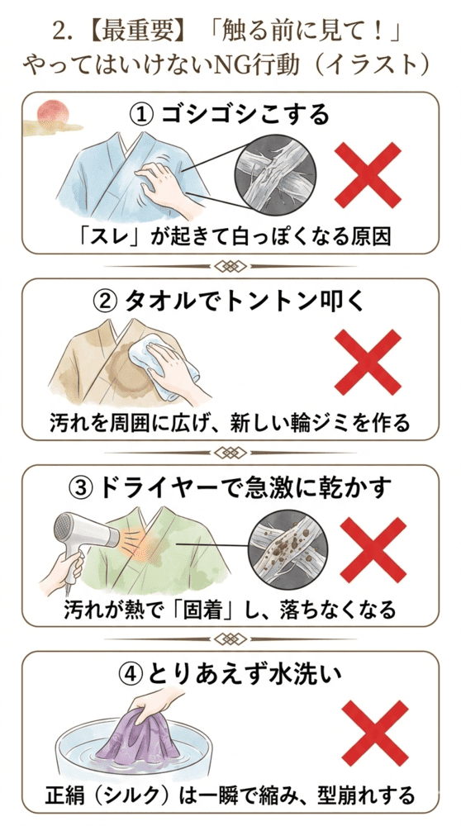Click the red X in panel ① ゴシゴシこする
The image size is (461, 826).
click(x=368, y=173)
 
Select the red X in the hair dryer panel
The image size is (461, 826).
click(x=368, y=549)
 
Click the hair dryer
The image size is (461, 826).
click(x=78, y=537)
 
